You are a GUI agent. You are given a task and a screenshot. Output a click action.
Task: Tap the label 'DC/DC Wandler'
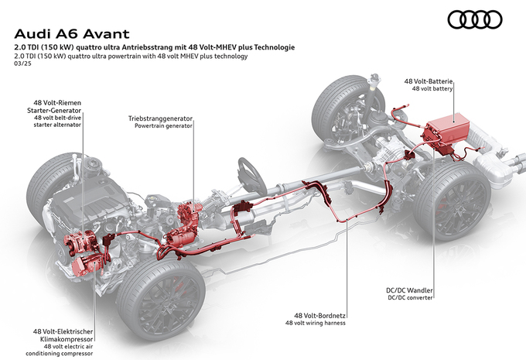(x=409, y=291)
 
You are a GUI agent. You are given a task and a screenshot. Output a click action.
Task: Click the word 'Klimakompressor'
(x=65, y=339)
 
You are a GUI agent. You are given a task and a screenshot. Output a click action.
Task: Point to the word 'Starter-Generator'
(x=64, y=111)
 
